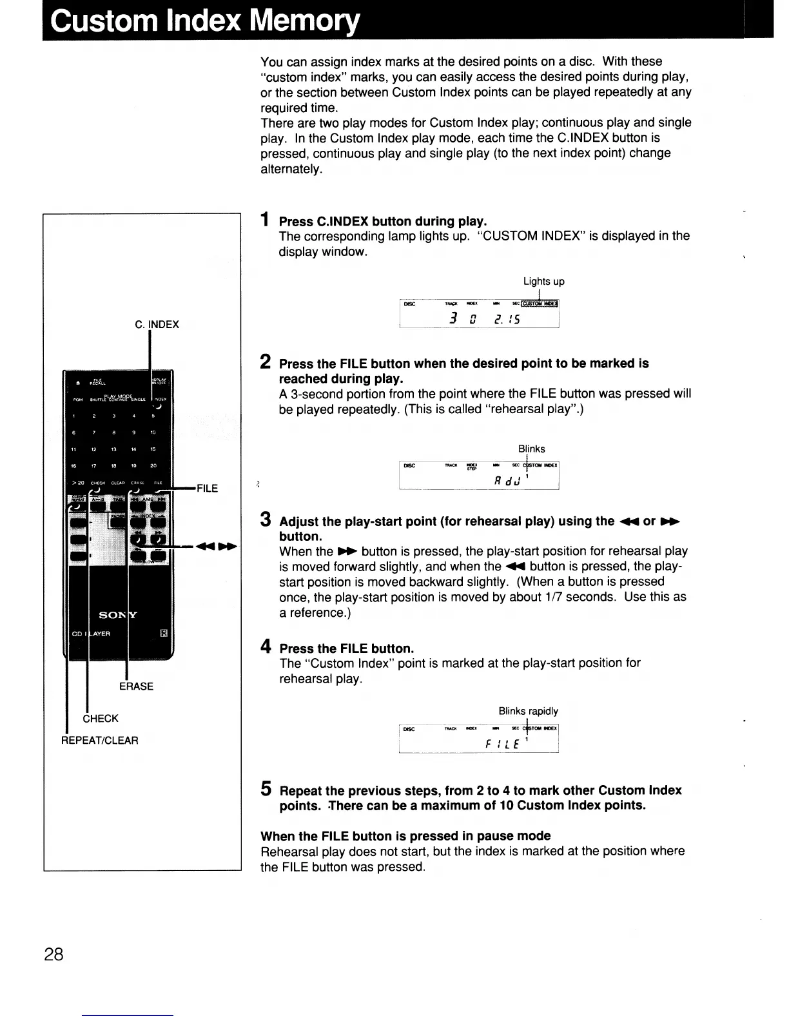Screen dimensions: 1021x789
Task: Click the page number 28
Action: [x=54, y=954]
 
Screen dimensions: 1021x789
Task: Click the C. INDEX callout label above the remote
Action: [x=157, y=324]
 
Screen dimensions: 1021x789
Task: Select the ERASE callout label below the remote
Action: [x=136, y=686]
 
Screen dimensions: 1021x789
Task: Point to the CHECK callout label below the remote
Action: [x=101, y=718]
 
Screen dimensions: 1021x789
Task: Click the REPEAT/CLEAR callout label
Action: [x=100, y=740]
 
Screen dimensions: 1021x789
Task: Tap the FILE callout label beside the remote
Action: [x=207, y=489]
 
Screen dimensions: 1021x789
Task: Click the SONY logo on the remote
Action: [x=119, y=615]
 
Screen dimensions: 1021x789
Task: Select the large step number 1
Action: [x=264, y=220]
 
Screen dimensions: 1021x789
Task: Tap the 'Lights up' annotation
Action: [x=543, y=281]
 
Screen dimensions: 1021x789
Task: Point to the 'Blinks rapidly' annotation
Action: [x=528, y=711]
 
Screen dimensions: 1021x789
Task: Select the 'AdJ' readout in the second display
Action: [x=506, y=480]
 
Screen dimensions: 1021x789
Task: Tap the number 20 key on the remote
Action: [x=153, y=465]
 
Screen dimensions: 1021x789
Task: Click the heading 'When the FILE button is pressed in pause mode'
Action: [x=405, y=836]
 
